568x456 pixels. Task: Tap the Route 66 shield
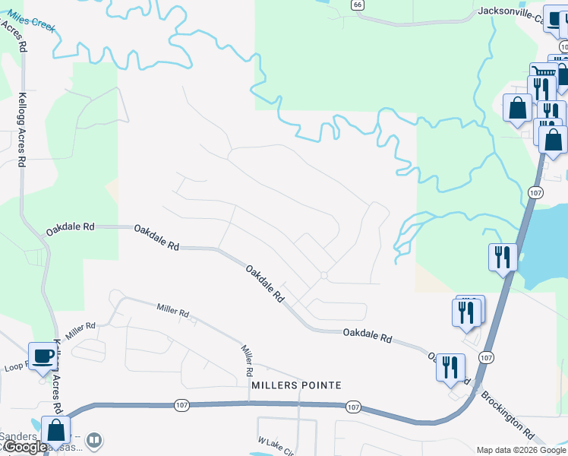tap(357, 5)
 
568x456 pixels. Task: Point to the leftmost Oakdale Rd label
tap(70, 226)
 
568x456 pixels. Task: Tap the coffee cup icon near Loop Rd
tap(42, 355)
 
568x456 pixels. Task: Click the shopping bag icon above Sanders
tap(55, 429)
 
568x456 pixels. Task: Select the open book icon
tap(94, 439)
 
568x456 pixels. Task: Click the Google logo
tap(24, 447)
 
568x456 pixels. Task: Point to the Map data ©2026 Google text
tap(520, 450)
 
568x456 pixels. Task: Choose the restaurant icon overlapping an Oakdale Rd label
tap(450, 366)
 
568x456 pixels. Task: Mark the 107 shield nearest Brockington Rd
tap(487, 357)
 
